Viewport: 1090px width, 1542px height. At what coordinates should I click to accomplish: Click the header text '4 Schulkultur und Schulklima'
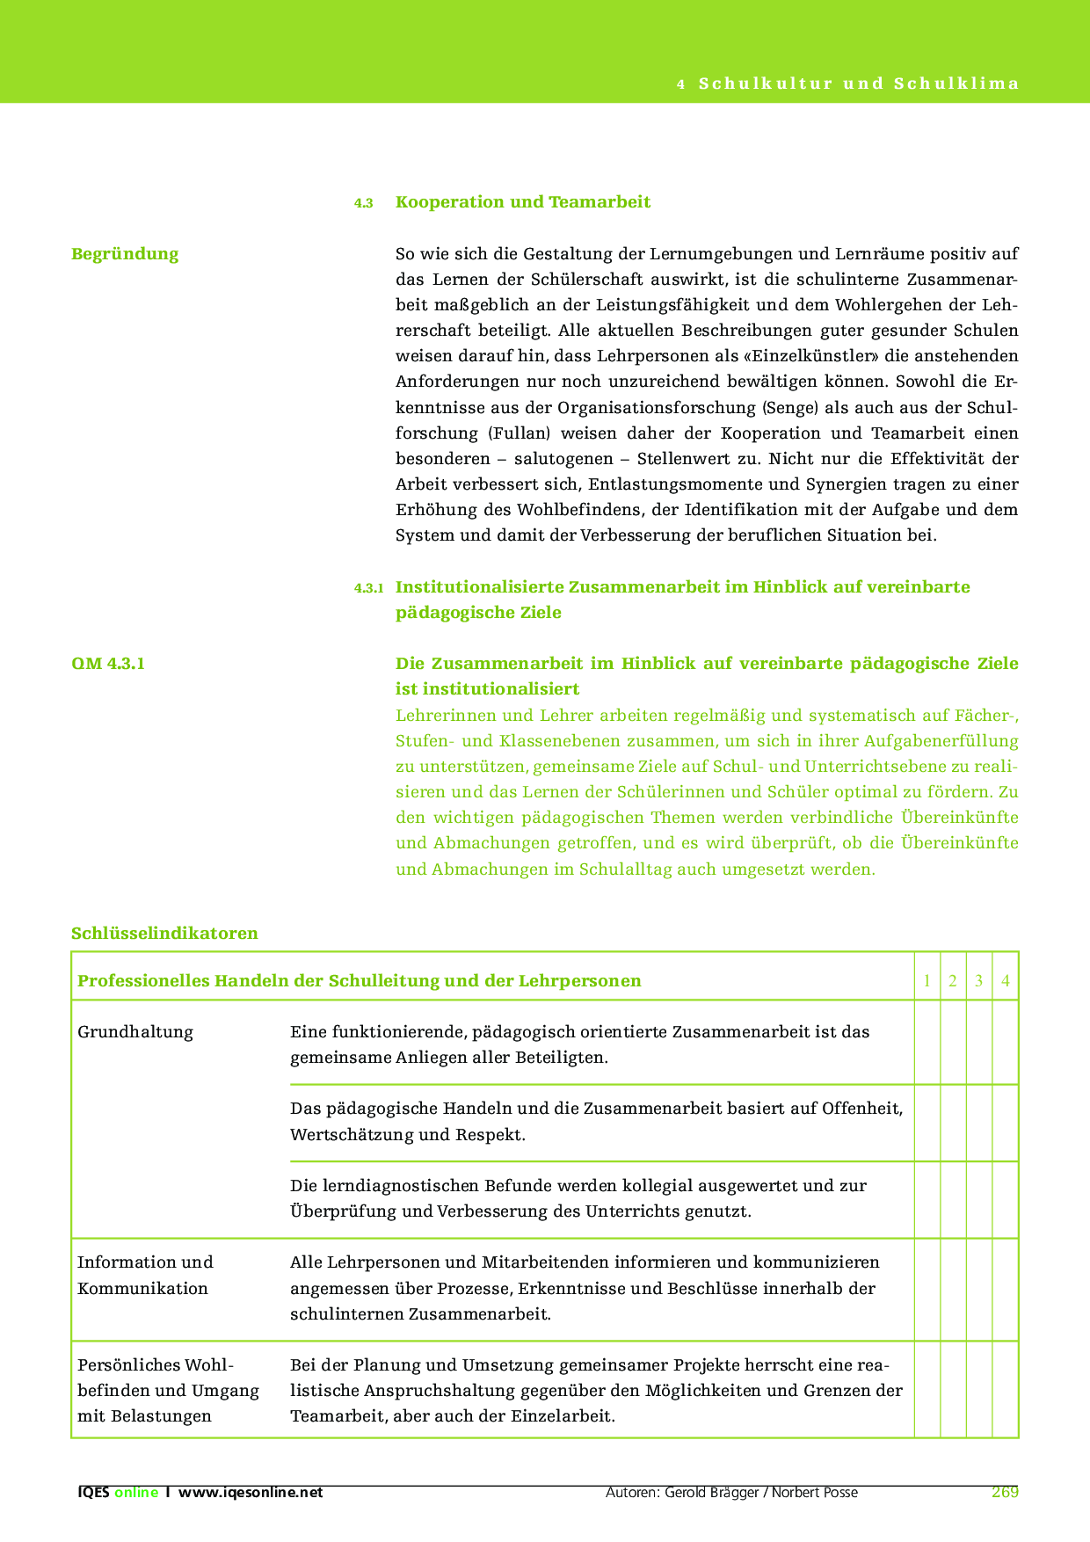(x=848, y=84)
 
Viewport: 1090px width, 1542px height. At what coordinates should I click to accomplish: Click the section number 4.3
(x=364, y=203)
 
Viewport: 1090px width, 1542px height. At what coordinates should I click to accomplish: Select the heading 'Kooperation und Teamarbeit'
(x=523, y=202)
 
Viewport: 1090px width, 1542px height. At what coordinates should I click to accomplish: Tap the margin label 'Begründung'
(x=125, y=254)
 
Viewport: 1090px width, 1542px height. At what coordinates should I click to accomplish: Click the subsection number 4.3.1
(x=369, y=588)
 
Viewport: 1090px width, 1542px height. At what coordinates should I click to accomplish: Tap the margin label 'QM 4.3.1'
(x=108, y=664)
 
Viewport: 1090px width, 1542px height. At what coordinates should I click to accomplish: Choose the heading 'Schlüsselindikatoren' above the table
(x=164, y=933)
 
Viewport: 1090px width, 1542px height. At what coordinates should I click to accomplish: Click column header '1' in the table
(x=927, y=981)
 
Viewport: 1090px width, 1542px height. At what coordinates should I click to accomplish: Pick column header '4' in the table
(x=1006, y=981)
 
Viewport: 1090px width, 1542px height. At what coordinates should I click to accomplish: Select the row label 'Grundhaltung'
(x=135, y=1032)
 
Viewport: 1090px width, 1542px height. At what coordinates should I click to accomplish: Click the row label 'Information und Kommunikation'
(x=145, y=1275)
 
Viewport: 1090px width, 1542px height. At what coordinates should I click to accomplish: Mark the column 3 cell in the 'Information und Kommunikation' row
(x=979, y=1289)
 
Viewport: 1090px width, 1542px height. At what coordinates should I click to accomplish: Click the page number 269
(x=1005, y=1492)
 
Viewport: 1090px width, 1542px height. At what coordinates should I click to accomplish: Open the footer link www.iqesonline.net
(x=251, y=1492)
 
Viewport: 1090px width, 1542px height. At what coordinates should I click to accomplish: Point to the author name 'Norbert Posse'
(x=815, y=1492)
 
